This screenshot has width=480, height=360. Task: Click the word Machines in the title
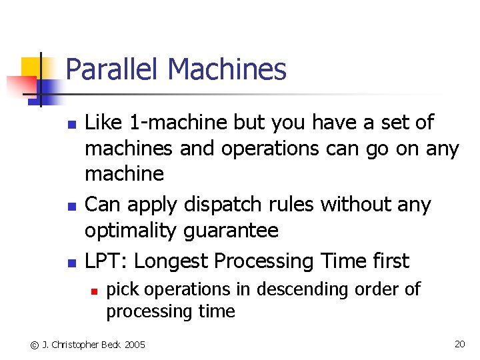(x=227, y=70)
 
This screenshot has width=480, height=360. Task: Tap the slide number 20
(x=459, y=344)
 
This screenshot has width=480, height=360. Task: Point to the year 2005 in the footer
(x=133, y=345)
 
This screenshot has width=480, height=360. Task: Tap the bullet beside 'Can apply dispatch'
(x=69, y=206)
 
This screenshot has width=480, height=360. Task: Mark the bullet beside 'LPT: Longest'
(x=69, y=263)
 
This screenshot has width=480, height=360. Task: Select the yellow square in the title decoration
(x=32, y=69)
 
